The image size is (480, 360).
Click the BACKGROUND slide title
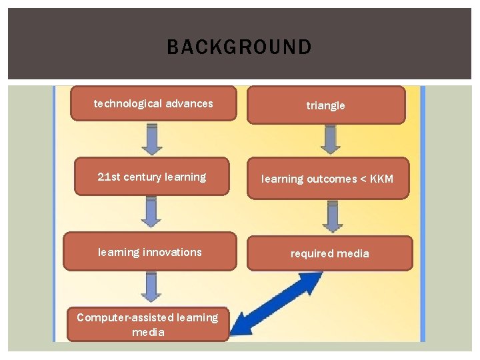pos(239,47)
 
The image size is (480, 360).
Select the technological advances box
pos(153,103)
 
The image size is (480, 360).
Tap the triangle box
pos(326,105)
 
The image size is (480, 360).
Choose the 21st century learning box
pos(151,177)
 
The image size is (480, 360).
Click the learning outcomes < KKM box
pos(327,179)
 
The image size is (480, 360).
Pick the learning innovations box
pos(150,252)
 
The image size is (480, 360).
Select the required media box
pos(329,253)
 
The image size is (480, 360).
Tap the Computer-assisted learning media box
pos(147,325)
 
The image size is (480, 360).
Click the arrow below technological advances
pos(152,139)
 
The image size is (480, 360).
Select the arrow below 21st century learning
pos(152,213)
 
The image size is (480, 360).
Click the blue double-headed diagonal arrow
pos(280,304)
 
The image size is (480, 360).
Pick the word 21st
pos(107,177)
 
